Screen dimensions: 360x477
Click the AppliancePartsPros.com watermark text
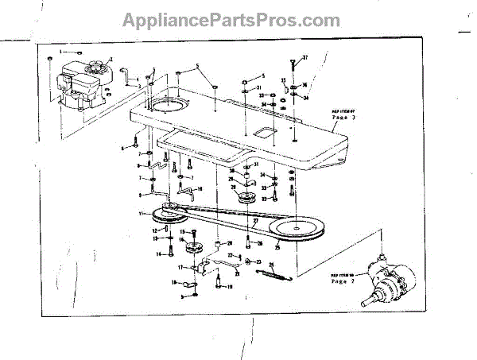(x=238, y=20)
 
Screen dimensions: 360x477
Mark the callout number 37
(x=304, y=57)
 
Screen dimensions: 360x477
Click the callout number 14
(x=159, y=254)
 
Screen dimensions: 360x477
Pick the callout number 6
(x=123, y=148)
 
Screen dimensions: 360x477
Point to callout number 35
(x=284, y=80)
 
